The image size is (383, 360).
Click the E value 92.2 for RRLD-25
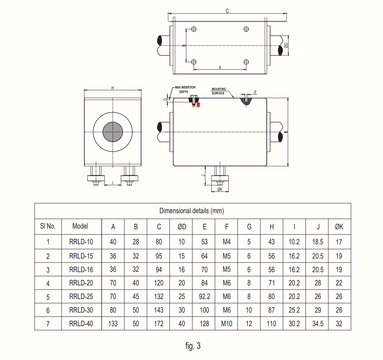pos(204,297)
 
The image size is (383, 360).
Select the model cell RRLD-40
pos(81,323)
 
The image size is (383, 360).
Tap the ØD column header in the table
pos(182,227)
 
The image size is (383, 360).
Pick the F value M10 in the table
pos(227,323)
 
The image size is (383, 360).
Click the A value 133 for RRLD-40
pos(113,323)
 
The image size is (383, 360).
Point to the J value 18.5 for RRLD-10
pos(318,242)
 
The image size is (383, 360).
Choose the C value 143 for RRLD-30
pos(159,310)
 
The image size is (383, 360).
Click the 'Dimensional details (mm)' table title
pos(191,211)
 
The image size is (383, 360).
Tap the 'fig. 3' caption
pos(193,346)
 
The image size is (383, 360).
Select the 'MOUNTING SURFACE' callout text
pos(219,91)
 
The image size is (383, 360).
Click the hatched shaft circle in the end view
pos(113,132)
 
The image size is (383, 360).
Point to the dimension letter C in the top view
pos(227,11)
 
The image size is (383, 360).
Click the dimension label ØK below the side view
pos(220,189)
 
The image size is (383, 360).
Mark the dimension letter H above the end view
pos(112,88)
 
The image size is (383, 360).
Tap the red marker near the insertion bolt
pos(198,104)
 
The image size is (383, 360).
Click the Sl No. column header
pos(48,226)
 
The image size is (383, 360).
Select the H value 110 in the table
pos(272,323)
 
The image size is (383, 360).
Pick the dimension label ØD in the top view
pos(286,45)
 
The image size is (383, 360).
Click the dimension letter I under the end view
pos(112,183)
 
